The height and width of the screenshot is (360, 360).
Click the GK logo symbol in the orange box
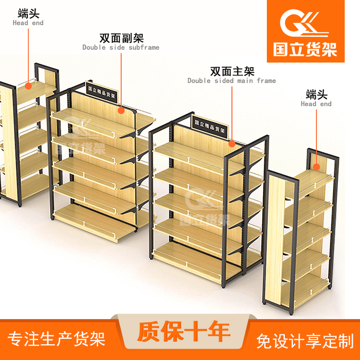click(303, 23)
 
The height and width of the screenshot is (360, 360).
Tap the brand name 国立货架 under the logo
click(305, 49)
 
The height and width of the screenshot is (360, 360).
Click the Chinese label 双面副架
click(121, 38)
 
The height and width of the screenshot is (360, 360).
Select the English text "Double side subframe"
click(121, 47)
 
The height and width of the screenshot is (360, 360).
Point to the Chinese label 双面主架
click(232, 72)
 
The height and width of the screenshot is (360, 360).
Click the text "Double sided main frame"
click(232, 81)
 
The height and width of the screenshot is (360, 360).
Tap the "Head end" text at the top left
click(28, 23)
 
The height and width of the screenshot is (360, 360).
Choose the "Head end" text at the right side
click(316, 104)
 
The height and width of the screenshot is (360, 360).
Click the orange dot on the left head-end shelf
click(28, 86)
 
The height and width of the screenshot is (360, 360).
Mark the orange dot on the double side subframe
click(121, 110)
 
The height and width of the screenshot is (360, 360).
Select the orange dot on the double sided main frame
click(232, 144)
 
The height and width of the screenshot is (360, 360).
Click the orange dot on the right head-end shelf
click(317, 167)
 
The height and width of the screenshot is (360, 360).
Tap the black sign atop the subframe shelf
click(102, 93)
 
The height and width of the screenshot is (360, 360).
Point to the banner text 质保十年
click(184, 332)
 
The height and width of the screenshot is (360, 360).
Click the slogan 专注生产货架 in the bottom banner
click(56, 339)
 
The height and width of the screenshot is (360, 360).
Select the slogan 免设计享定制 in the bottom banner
click(305, 341)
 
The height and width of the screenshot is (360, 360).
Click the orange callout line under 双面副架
click(121, 80)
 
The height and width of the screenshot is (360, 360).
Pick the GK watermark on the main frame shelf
click(204, 206)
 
